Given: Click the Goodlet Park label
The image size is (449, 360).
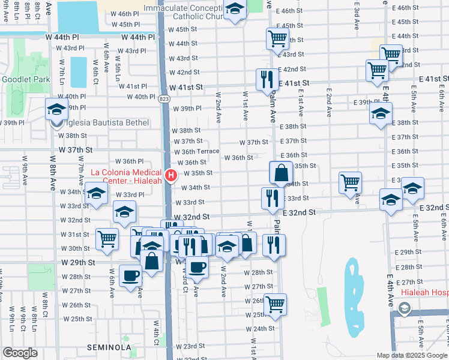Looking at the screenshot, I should coord(21,79).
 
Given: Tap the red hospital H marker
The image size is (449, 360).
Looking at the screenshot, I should coord(171,176).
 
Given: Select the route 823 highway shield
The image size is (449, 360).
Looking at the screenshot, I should coord(164,103).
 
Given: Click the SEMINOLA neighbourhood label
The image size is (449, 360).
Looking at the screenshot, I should coord(104,347).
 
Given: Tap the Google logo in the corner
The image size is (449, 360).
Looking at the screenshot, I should coord(20,353).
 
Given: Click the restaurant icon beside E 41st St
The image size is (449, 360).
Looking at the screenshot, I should coord(265,79).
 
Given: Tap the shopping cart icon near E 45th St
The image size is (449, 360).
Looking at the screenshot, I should coord(277,39).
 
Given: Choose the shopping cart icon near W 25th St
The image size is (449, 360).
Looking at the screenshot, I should coord(275,304).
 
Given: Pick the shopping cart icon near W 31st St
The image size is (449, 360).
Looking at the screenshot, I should coord(107,239).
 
